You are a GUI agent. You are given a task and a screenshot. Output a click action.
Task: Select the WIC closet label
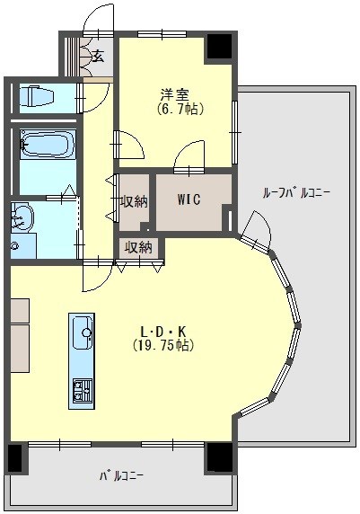(x=189, y=199)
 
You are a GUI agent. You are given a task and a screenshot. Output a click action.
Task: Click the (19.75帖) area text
(x=163, y=345)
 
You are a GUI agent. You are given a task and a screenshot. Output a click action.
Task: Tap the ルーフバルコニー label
(x=296, y=192)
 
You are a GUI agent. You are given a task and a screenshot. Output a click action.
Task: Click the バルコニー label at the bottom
(x=120, y=474)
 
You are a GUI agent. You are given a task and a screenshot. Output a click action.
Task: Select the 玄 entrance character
(x=96, y=57)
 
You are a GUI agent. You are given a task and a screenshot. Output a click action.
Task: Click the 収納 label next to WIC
(x=134, y=201)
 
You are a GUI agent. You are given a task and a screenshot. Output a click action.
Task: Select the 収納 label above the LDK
(x=138, y=247)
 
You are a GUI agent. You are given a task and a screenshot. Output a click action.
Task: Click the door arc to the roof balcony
(x=253, y=226)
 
